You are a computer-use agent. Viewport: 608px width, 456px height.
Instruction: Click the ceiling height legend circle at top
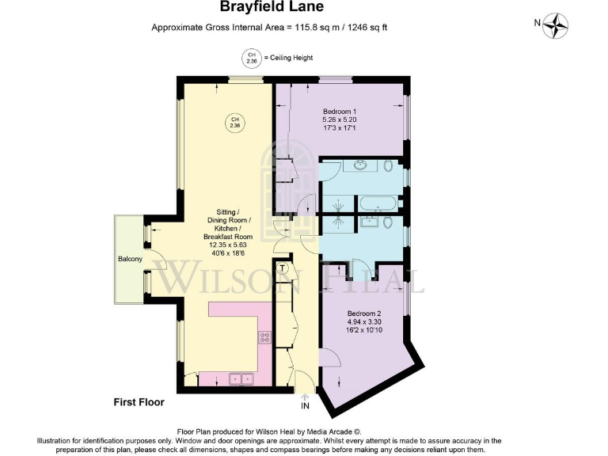click(x=251, y=58)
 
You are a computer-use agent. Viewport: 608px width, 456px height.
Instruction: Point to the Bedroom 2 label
click(x=365, y=313)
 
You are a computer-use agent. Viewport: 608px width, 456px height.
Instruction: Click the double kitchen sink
click(x=241, y=379)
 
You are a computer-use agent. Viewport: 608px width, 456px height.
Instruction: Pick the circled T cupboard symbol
click(x=283, y=269)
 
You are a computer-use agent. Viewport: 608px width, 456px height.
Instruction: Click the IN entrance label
click(x=305, y=406)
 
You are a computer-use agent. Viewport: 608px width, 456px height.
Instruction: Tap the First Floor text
click(x=139, y=402)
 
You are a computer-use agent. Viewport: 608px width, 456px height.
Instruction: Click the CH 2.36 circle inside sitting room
click(x=234, y=123)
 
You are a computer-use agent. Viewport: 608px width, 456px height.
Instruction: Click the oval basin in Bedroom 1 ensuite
click(x=361, y=165)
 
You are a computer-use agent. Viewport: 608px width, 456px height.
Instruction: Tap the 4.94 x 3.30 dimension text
click(x=365, y=322)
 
